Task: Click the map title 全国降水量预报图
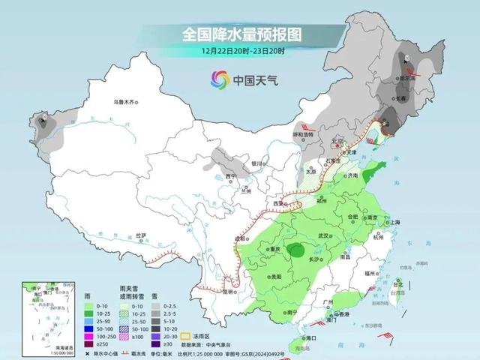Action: pyautogui.click(x=231, y=34)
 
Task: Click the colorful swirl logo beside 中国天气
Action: pyautogui.click(x=220, y=79)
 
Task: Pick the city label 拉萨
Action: pyautogui.click(x=139, y=235)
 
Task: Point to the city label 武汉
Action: pyautogui.click(x=325, y=236)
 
